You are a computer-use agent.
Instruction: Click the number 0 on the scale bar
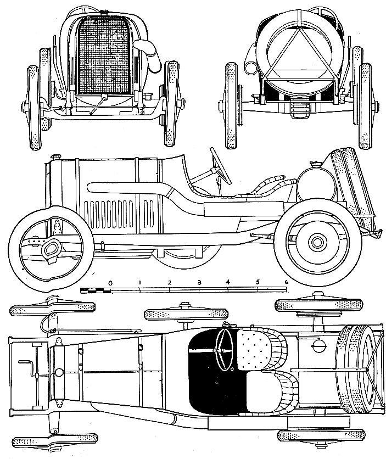(110, 283)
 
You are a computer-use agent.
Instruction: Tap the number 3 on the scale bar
(199, 283)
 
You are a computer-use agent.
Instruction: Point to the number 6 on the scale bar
(286, 282)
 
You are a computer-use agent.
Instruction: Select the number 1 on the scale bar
(140, 283)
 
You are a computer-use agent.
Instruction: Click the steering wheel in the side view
(220, 166)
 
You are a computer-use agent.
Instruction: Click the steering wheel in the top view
(224, 350)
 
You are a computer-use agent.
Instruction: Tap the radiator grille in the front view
(102, 55)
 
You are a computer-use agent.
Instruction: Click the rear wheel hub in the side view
(317, 242)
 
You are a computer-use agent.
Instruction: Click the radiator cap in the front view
(103, 12)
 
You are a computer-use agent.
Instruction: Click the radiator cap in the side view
(55, 156)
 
